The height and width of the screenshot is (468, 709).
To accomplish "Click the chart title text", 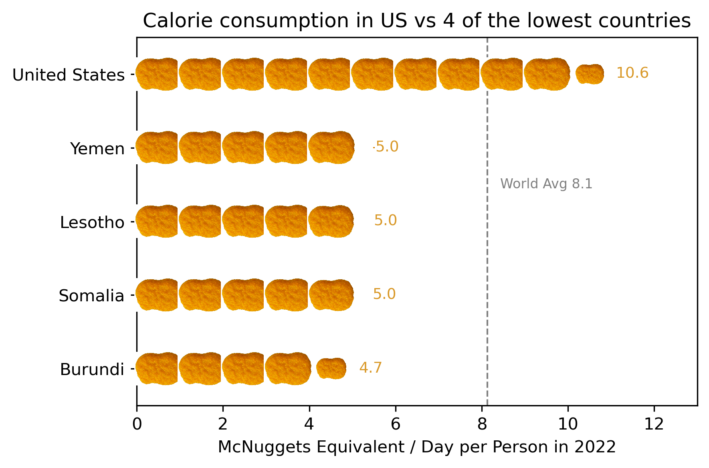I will coord(417,21).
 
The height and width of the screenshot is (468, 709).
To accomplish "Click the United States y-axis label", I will coord(69,75).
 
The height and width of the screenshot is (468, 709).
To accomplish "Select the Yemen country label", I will coord(97,149).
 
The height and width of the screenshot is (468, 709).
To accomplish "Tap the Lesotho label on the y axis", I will coord(92,222).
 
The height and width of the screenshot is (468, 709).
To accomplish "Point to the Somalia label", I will coord(91,296).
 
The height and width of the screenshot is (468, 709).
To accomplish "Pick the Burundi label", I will coord(92,369).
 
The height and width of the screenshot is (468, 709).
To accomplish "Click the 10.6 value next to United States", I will coord(632,73).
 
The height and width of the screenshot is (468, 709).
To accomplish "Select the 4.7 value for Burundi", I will coord(370,368).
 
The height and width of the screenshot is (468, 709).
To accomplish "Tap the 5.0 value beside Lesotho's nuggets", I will coord(385,220).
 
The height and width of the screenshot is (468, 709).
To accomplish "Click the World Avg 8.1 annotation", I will coord(546,184).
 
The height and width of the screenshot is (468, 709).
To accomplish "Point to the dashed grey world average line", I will coord(487,260).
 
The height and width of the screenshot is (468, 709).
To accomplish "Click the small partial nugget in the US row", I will coord(590,74).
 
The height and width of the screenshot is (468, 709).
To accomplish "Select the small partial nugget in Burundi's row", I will coord(331,369).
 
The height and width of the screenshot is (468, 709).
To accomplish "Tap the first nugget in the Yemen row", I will coord(157,147).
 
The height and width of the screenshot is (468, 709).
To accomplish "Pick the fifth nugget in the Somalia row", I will coord(331,295).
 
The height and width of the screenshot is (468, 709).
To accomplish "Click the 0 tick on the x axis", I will coord(137,424).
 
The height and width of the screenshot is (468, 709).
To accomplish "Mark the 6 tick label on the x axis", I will coord(396,424).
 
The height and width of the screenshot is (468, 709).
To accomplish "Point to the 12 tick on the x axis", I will coord(654,424).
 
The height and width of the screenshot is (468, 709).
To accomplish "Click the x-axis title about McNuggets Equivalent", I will coord(417,447).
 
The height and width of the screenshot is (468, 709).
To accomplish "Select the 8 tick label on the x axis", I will coord(482,424).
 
